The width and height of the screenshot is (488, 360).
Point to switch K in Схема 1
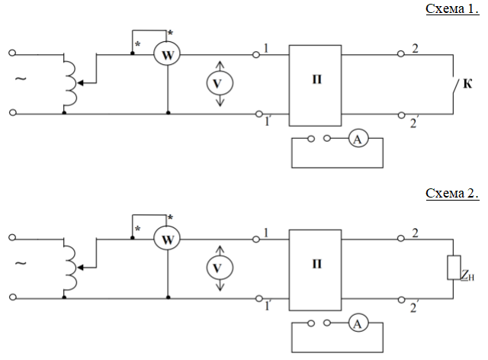[455, 86]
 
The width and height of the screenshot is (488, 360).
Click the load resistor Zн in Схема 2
[454, 267]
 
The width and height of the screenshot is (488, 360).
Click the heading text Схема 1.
[452, 8]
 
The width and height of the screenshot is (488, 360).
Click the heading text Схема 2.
[452, 193]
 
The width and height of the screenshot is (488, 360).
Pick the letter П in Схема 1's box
[317, 79]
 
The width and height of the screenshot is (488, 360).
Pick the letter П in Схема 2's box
[317, 264]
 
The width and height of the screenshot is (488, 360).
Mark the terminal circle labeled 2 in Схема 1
[401, 54]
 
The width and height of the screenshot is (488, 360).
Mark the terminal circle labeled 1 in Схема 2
[256, 239]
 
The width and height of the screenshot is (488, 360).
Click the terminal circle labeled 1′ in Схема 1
[259, 114]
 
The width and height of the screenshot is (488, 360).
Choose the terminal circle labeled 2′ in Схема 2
[402, 300]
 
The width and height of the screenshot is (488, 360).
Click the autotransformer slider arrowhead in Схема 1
[80, 83]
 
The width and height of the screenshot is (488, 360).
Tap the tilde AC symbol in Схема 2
[21, 263]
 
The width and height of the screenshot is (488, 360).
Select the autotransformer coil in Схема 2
[70, 268]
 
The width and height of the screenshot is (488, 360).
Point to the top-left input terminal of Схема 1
[12, 53]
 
